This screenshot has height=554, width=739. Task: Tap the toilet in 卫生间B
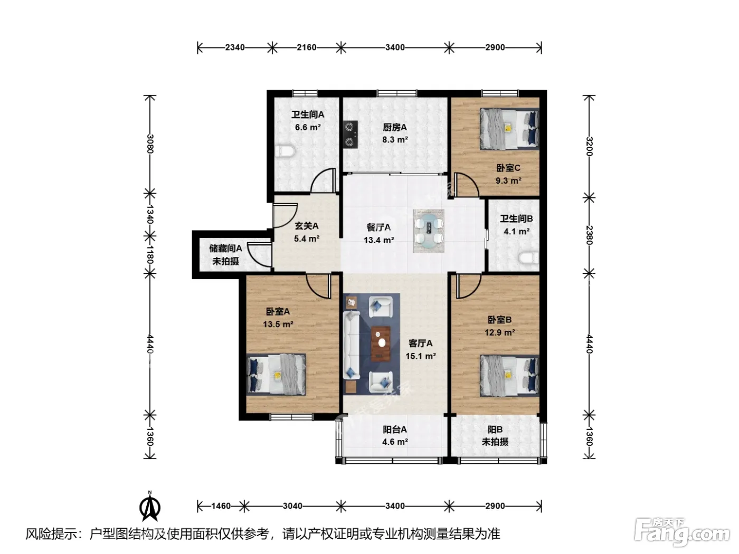529,259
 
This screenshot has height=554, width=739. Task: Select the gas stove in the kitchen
350,134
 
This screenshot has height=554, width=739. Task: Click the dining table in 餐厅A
429,231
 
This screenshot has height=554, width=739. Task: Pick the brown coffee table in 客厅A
381,343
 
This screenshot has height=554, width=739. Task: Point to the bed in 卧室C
509,129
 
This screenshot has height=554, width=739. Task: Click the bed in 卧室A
276,374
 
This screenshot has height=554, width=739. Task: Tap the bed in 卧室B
509,376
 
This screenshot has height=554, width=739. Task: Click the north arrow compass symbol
150,506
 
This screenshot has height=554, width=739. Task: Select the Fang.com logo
682,532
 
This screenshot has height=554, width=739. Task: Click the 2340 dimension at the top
235,47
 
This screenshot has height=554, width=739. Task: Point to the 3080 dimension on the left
150,144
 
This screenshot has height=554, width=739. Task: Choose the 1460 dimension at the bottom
221,506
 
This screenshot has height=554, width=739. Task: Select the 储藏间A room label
225,249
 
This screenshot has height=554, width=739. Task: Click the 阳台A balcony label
395,429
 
